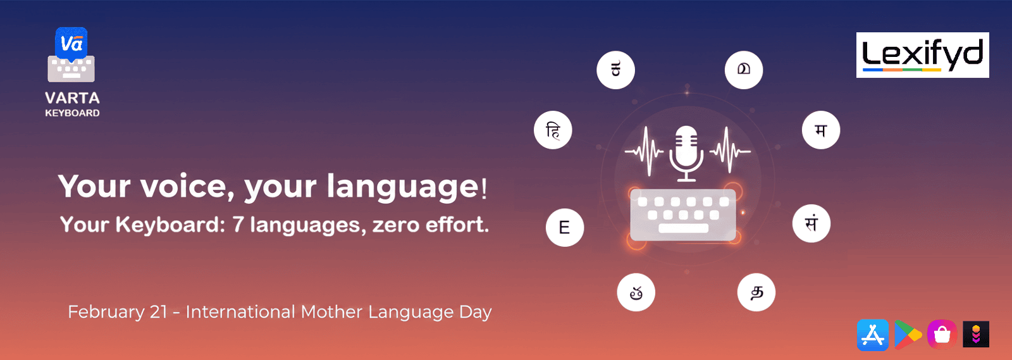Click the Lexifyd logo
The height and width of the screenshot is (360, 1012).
coord(923,54)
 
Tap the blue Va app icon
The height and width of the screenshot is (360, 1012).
coord(71,44)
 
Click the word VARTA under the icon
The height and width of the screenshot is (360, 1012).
coord(72,98)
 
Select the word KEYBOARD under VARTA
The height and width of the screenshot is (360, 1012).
coord(72,113)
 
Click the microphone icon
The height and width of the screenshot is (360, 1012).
coord(686,154)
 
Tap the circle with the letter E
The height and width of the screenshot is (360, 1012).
coord(565,227)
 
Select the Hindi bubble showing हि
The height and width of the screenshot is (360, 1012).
coord(553,130)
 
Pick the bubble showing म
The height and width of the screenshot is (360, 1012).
coord(821,130)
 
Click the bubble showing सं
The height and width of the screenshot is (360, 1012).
coord(811,223)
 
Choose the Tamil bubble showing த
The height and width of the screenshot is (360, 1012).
coord(756,292)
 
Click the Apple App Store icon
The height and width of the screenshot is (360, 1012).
coord(873,335)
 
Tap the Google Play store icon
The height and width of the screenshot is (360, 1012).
coord(908,335)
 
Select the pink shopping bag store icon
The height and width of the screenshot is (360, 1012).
coord(942,335)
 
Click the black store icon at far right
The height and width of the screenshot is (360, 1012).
coord(976,334)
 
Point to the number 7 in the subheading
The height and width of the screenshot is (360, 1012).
coord(238,225)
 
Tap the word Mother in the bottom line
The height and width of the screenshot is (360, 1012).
coord(331,312)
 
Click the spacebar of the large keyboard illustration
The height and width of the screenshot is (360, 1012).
coord(683,228)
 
